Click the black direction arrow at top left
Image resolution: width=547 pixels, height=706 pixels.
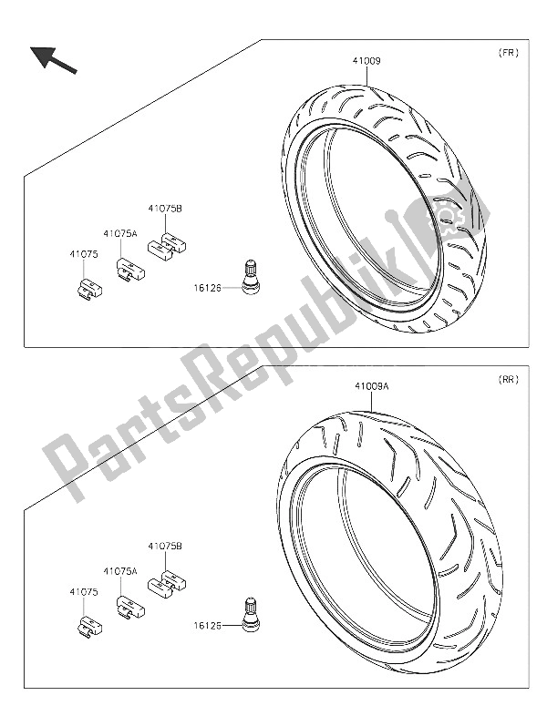(x=54, y=60)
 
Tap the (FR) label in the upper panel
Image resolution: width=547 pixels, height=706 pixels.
(x=508, y=53)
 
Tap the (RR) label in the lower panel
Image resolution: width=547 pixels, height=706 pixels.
(x=508, y=380)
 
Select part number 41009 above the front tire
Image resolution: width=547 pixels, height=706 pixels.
(x=366, y=61)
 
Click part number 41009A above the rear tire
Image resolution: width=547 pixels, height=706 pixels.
(x=372, y=386)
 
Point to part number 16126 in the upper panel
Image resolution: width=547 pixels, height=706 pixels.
(x=208, y=287)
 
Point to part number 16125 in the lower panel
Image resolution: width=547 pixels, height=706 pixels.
(x=208, y=626)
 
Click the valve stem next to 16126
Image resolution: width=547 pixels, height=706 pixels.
(x=252, y=277)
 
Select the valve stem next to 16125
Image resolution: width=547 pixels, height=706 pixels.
(x=252, y=616)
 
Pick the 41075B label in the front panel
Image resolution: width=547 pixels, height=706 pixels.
(x=165, y=209)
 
